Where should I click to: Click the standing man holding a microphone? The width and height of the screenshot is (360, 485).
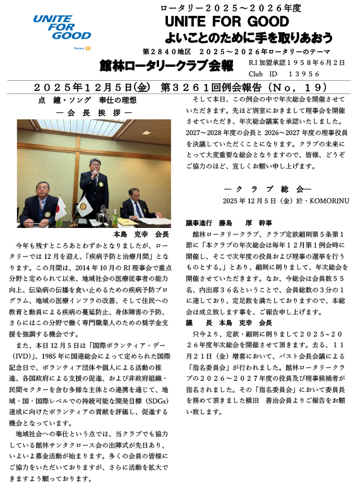(x=90, y=183)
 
